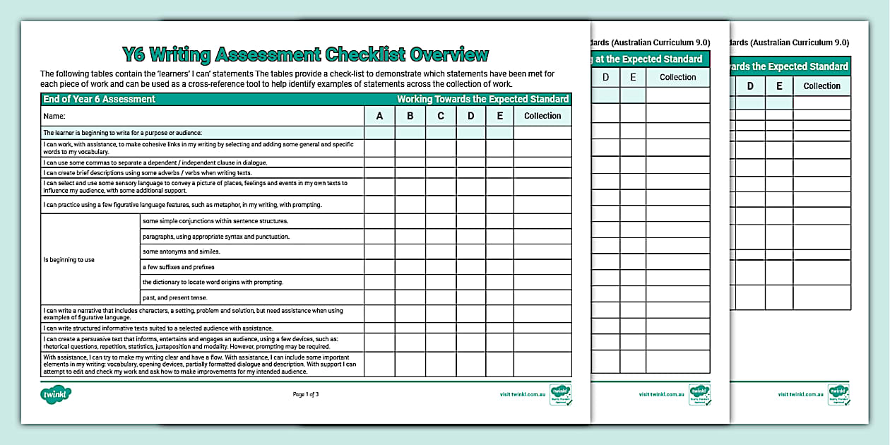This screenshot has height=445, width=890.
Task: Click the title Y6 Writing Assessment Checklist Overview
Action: [305, 54]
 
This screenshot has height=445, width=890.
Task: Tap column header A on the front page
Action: [379, 116]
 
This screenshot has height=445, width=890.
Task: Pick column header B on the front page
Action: [410, 116]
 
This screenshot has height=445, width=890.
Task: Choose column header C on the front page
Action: [441, 116]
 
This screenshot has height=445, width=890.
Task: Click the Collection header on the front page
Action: [542, 116]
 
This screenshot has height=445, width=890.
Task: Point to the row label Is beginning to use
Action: [69, 260]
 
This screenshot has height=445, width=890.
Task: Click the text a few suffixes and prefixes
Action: [178, 267]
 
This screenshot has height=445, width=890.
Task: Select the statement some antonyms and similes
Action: [182, 251]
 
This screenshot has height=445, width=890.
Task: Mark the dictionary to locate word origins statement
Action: [213, 282]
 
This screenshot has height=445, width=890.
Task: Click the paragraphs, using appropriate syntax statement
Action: [215, 237]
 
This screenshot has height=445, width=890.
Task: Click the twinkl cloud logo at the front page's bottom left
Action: [56, 393]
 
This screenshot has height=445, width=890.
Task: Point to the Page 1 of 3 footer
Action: [306, 394]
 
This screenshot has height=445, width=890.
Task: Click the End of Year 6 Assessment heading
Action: [99, 100]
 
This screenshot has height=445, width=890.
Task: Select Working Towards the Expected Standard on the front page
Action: [482, 100]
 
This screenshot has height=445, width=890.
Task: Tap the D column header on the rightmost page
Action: [750, 86]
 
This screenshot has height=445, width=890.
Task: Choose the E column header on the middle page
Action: [633, 77]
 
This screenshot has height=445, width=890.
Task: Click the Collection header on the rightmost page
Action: [821, 86]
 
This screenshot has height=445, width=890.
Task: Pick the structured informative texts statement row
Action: [158, 328]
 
